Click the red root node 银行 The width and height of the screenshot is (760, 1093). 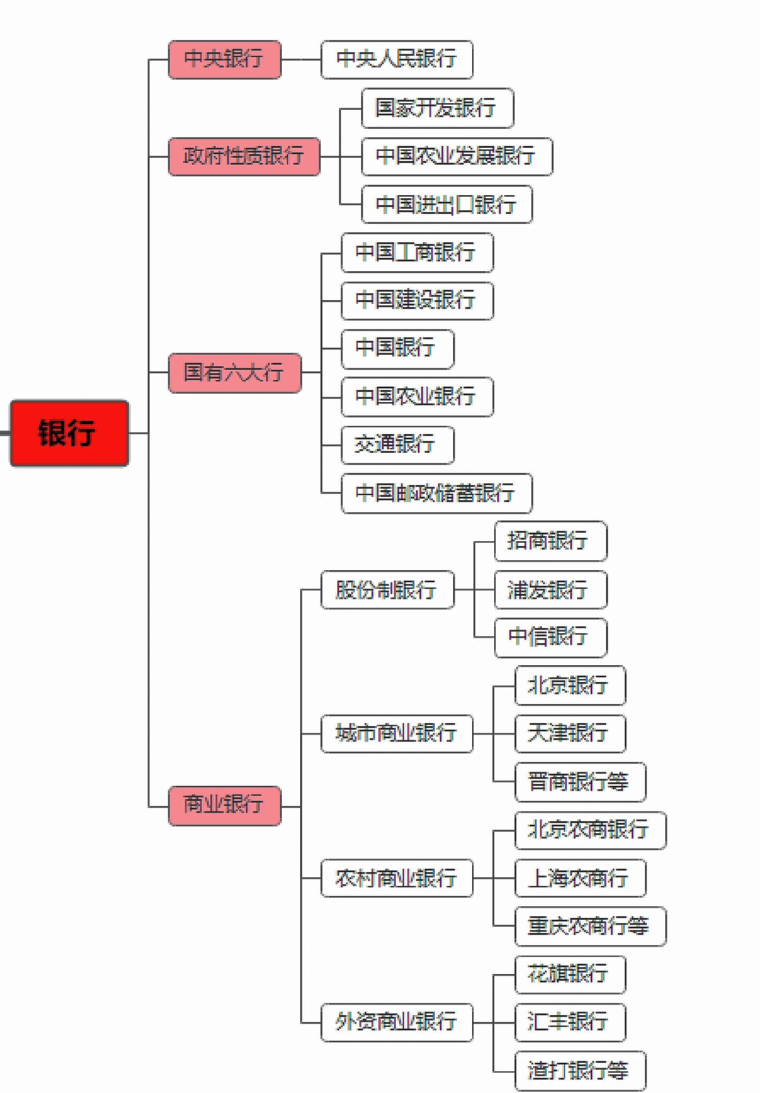click(69, 433)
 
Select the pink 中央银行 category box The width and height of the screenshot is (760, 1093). click(224, 60)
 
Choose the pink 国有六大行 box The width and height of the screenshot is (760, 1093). click(234, 373)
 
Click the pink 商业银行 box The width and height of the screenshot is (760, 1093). click(224, 806)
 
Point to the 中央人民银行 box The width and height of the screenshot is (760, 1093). click(397, 60)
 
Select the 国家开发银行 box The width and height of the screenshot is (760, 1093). click(437, 108)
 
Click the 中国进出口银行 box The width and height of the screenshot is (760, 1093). click(446, 204)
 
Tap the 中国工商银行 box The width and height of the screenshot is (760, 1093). click(417, 252)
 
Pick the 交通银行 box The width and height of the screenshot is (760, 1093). click(397, 445)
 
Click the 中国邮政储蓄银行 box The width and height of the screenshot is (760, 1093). click(436, 493)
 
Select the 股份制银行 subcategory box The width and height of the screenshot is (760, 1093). click(387, 589)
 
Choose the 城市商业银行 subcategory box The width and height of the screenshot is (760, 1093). click(397, 734)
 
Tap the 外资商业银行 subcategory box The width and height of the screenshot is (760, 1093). click(397, 1022)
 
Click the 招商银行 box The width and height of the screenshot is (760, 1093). click(550, 541)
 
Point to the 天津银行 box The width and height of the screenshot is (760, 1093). click(569, 734)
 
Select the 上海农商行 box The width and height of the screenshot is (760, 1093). click(579, 878)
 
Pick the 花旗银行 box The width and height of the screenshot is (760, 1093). click(569, 974)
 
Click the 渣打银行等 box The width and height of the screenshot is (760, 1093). click(579, 1071)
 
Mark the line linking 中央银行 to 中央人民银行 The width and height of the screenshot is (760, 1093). click(301, 60)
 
